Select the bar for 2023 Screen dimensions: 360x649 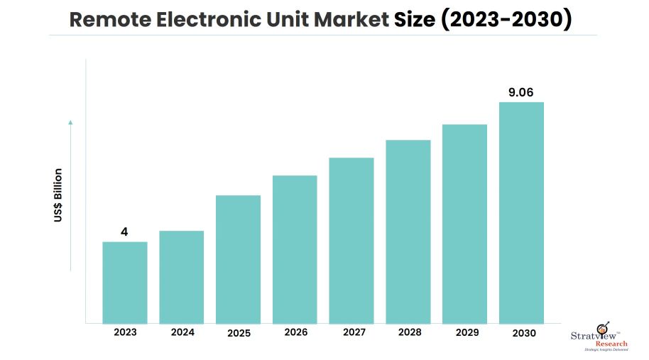(x=125, y=283)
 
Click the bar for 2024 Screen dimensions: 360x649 (x=181, y=277)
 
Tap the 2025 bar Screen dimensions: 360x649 (x=238, y=259)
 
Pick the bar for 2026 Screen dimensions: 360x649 (x=295, y=249)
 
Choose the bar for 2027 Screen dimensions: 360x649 (x=351, y=241)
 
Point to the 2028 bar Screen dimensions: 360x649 (x=408, y=231)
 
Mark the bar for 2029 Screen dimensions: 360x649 (x=464, y=224)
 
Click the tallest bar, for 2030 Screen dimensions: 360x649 (x=521, y=213)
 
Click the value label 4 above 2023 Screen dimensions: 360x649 (x=124, y=231)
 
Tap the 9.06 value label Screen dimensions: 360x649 (x=521, y=91)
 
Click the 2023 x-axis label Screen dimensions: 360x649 (x=125, y=332)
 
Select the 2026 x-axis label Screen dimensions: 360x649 (x=295, y=332)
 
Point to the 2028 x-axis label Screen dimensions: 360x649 (x=408, y=332)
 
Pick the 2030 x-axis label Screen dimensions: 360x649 (x=521, y=332)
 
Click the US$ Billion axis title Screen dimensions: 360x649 (x=58, y=195)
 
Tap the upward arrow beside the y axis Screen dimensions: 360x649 (x=70, y=195)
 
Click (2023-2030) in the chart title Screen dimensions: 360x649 (x=506, y=20)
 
